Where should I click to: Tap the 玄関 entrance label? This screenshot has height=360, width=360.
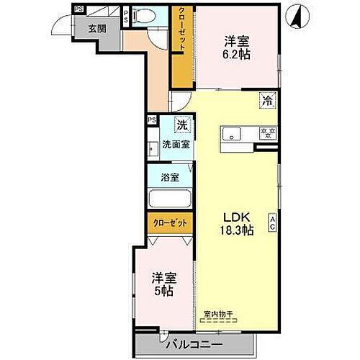[96, 30]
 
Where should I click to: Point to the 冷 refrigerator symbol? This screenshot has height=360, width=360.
[267, 102]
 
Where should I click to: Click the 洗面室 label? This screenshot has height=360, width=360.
[176, 144]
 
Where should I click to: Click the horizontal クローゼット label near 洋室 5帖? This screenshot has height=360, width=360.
[171, 223]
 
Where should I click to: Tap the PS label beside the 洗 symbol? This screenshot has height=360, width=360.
[152, 120]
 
